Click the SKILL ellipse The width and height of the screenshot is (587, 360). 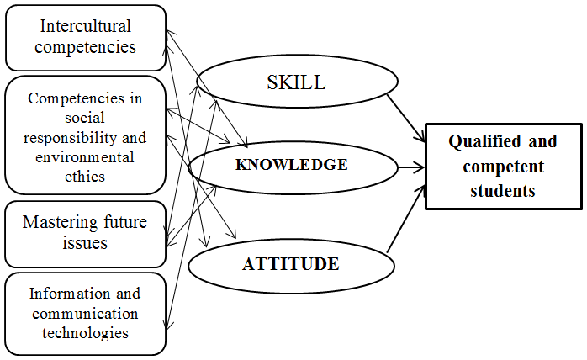296,82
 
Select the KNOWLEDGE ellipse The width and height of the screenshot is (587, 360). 292,165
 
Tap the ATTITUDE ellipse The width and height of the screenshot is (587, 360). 290,264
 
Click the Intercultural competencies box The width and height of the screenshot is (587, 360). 84,36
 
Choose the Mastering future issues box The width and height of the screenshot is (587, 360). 84,233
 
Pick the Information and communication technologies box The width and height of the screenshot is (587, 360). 84,312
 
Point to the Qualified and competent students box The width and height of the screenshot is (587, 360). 503,166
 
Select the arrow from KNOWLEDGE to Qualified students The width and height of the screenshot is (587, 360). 411,167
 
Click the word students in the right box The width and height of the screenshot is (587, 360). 503,190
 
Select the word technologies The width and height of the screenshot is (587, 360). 84,332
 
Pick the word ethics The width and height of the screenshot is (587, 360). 84,175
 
